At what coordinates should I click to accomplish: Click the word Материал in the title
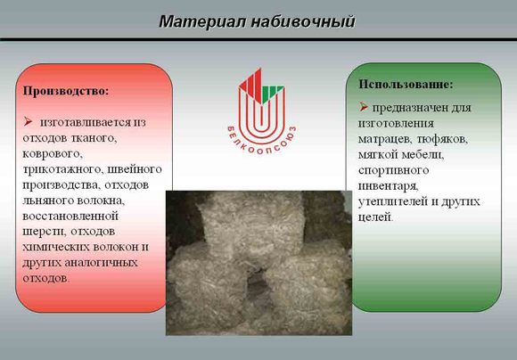(202, 21)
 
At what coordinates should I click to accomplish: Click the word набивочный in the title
(303, 22)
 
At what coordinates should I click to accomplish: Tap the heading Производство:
(66, 91)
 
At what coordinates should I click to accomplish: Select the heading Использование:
(406, 84)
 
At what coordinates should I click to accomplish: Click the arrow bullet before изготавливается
(28, 122)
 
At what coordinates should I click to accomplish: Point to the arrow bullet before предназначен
(364, 107)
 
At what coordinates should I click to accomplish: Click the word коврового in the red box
(53, 153)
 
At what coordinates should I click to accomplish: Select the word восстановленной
(70, 217)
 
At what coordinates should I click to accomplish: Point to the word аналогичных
(102, 263)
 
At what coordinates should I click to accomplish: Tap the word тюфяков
(442, 139)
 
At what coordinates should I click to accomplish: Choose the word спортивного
(393, 170)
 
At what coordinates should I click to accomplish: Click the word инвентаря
(389, 186)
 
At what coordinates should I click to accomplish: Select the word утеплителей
(394, 201)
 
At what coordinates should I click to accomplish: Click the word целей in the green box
(376, 217)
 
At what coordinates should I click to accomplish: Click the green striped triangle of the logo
(273, 94)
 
